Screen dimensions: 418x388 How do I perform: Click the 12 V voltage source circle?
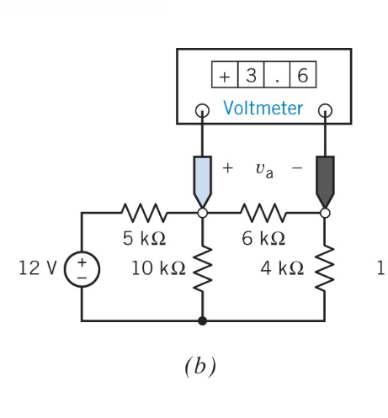tap(82, 271)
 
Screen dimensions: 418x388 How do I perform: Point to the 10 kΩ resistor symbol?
tap(202, 268)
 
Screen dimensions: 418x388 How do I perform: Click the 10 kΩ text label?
tap(158, 269)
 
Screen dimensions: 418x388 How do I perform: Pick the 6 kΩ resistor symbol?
tap(263, 213)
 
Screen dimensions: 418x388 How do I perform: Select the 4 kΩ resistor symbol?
tap(325, 268)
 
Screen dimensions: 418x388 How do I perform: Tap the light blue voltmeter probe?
tap(202, 177)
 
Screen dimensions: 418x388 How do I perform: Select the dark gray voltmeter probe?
tap(325, 177)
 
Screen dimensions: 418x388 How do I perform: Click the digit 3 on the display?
tap(250, 76)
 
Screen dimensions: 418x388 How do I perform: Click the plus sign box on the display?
tap(225, 76)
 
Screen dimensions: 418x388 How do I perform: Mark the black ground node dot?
tap(202, 320)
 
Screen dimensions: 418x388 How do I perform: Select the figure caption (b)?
tap(200, 368)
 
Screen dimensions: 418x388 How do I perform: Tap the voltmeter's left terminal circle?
tap(202, 110)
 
